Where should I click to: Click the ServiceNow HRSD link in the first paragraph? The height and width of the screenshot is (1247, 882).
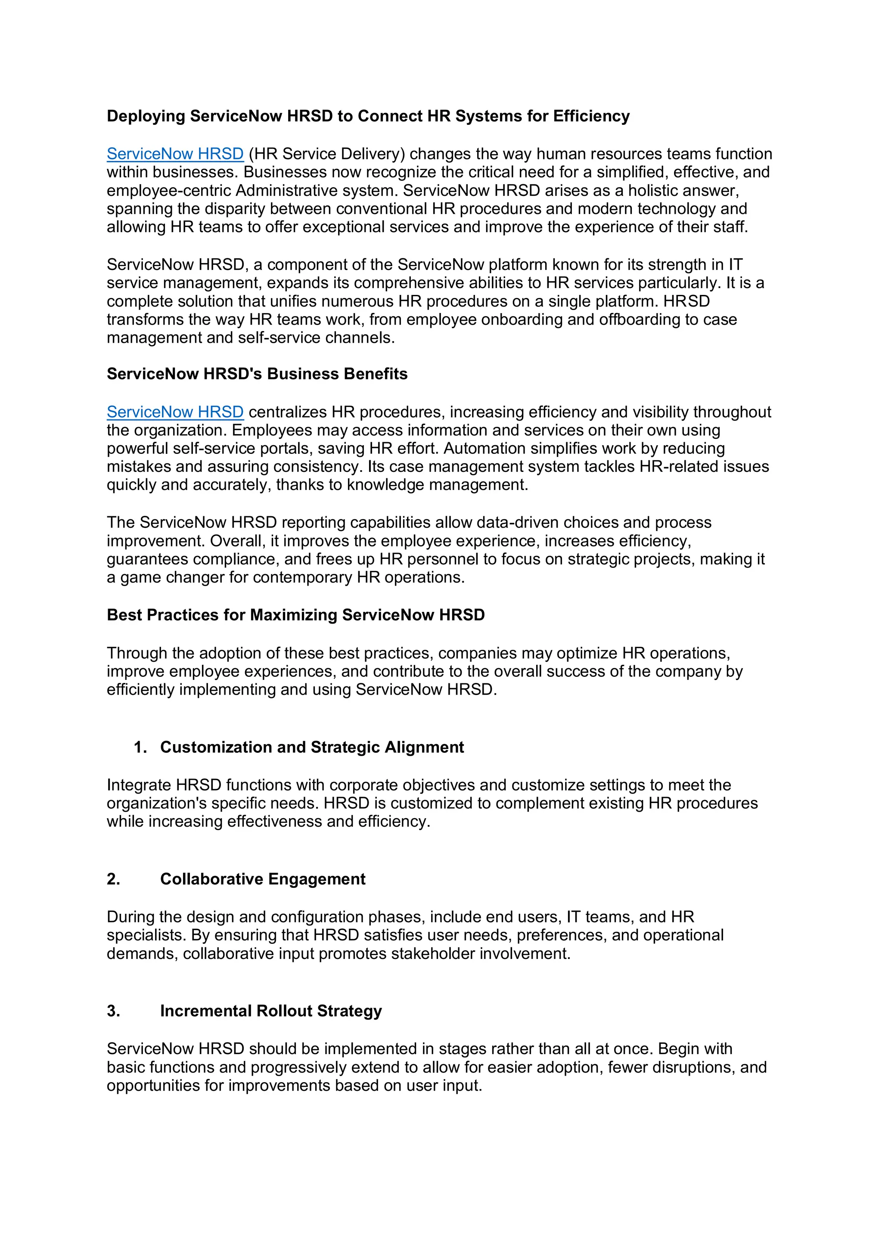click(x=175, y=154)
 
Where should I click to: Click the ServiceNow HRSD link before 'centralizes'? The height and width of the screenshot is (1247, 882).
click(x=175, y=412)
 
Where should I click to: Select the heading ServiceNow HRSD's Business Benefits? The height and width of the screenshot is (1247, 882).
click(x=257, y=374)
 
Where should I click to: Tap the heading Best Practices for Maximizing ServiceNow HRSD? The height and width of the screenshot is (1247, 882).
click(x=295, y=615)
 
